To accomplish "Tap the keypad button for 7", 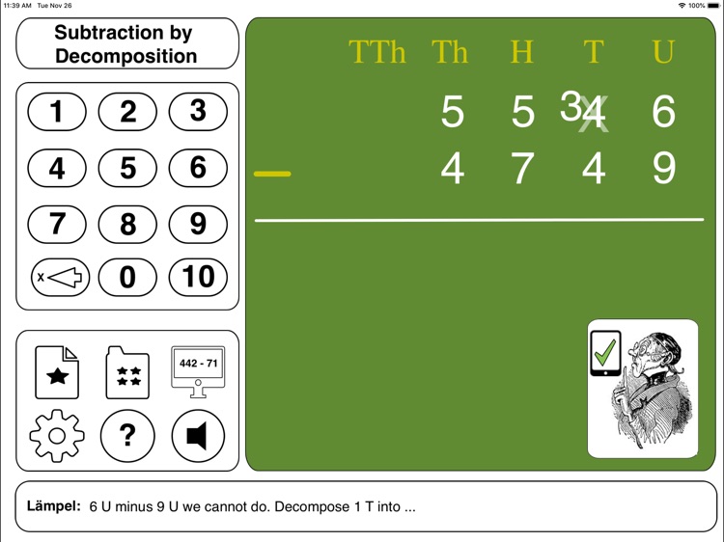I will pyautogui.click(x=57, y=225).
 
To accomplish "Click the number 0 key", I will pyautogui.click(x=127, y=278).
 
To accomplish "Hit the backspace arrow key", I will pyautogui.click(x=58, y=278).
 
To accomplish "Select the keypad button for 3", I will pyautogui.click(x=198, y=112).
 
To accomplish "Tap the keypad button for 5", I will pyautogui.click(x=127, y=169).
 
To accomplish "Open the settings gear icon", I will pyautogui.click(x=57, y=436).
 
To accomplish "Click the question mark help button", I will pyautogui.click(x=127, y=436).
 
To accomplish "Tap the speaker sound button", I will pyautogui.click(x=198, y=436).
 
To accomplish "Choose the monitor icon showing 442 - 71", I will pyautogui.click(x=198, y=371).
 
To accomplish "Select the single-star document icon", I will pyautogui.click(x=57, y=373).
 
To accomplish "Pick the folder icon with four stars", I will pyautogui.click(x=127, y=373).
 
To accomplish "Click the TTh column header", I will pyautogui.click(x=377, y=52).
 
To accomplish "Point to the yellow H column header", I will pyautogui.click(x=522, y=52).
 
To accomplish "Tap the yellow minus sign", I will pyautogui.click(x=272, y=174).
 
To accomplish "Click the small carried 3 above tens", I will pyautogui.click(x=571, y=107).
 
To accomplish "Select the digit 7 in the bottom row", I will pyautogui.click(x=522, y=169).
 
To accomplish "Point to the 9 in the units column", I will pyautogui.click(x=663, y=169).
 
